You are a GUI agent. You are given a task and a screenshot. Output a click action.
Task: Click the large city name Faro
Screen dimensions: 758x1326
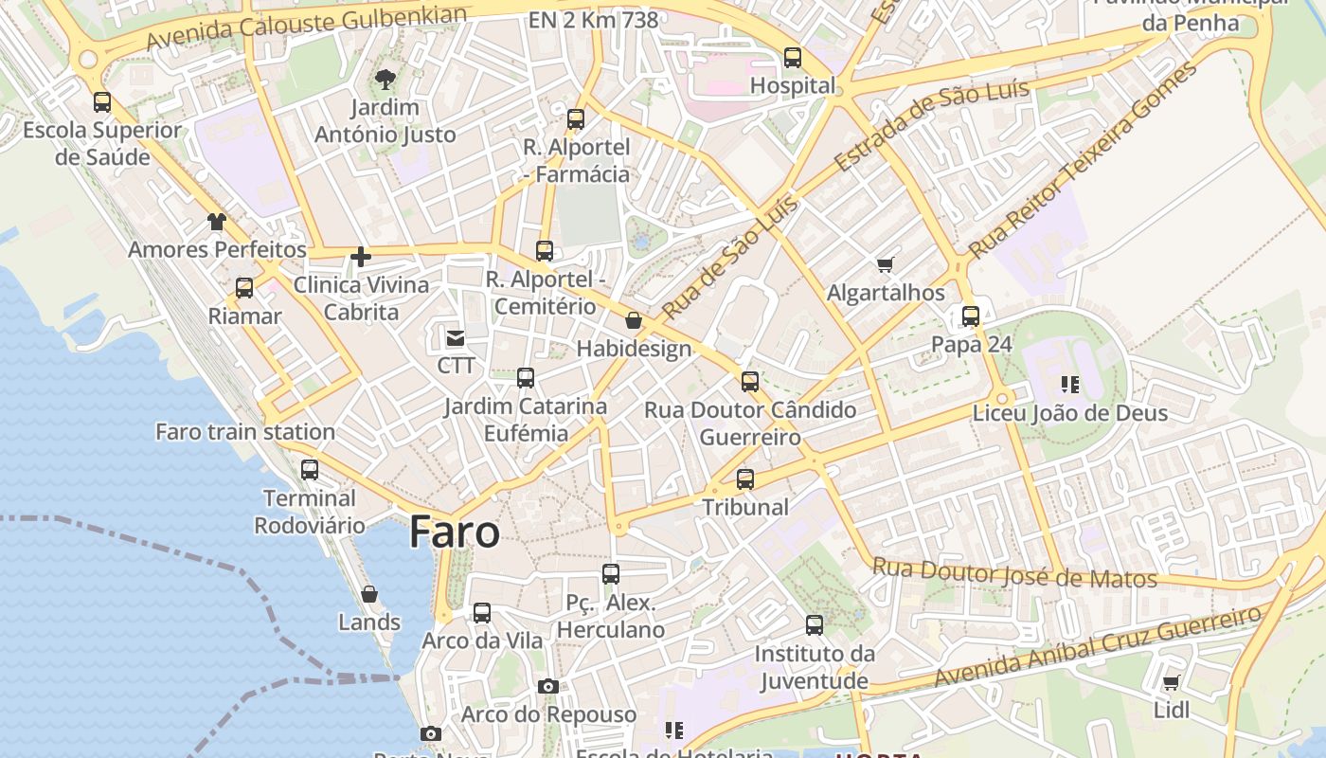(x=454, y=532)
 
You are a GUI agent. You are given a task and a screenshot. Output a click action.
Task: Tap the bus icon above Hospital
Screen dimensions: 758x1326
(x=793, y=58)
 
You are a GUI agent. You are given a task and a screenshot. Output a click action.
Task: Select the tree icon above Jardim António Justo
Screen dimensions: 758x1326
(x=385, y=79)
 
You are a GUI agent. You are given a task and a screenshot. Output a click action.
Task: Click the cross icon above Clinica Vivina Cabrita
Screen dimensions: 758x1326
(x=360, y=256)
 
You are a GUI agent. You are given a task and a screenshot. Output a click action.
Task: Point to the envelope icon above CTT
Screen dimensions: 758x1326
(x=456, y=337)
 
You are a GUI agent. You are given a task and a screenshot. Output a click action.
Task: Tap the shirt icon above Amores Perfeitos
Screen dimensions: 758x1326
(x=217, y=222)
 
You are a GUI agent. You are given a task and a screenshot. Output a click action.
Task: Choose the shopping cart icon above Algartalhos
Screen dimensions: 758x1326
(x=886, y=265)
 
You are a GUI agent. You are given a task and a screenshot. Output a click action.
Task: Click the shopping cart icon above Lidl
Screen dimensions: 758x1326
(x=1171, y=682)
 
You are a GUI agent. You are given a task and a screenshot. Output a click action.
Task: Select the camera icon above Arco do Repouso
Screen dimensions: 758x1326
(x=547, y=686)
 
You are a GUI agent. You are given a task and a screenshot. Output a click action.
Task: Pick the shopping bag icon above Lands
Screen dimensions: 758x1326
(x=369, y=594)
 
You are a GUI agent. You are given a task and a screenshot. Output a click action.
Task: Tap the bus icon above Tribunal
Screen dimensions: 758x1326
(x=745, y=479)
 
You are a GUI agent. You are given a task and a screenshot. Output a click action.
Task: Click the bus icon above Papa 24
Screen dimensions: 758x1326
(x=971, y=316)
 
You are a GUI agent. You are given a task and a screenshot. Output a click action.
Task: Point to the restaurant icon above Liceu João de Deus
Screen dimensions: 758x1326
(x=1070, y=385)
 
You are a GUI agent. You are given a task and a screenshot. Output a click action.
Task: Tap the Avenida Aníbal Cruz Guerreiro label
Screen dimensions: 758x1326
(x=1098, y=647)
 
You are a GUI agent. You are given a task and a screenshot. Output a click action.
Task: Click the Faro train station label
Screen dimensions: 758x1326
(x=245, y=432)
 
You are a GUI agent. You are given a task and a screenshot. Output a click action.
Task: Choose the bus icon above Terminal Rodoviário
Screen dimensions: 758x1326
(x=310, y=470)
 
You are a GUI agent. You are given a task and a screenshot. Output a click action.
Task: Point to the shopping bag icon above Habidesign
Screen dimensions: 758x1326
(x=634, y=321)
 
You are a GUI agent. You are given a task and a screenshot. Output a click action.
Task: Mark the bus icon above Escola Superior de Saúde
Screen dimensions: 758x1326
(x=102, y=102)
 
